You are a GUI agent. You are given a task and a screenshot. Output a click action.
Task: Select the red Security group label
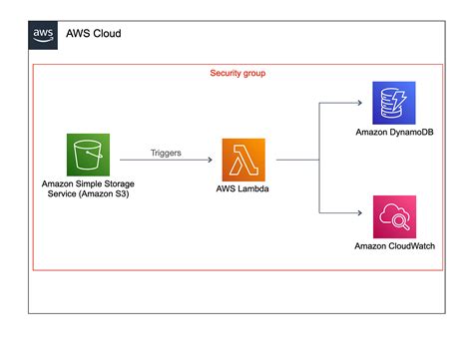click(x=237, y=74)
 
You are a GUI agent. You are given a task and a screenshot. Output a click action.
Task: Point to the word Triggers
click(x=166, y=152)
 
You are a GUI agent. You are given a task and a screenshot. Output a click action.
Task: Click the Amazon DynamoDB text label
click(x=392, y=133)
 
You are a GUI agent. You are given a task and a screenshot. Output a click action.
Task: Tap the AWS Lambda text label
click(x=244, y=187)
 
